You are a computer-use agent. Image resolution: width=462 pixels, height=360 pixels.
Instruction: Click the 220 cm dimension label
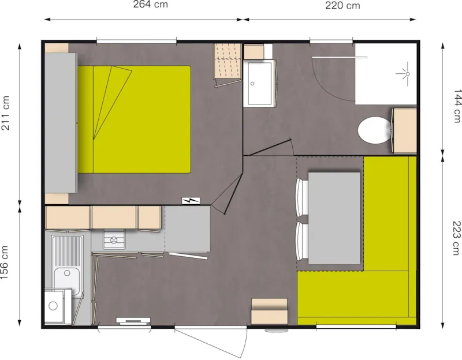tap(343, 6)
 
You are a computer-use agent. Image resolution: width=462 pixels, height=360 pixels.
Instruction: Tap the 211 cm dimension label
tap(6, 121)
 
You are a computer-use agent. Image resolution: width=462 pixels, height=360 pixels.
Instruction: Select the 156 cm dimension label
tap(6, 263)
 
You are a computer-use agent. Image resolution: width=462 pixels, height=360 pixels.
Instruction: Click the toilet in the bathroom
tap(372, 130)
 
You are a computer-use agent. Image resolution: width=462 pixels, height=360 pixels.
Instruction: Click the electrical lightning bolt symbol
tap(190, 201)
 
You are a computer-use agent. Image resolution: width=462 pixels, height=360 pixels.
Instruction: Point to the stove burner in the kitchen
tap(114, 239)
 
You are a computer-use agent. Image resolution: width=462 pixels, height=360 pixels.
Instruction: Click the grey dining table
tap(334, 217)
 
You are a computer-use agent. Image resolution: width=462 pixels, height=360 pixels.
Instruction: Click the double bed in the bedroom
tap(141, 119)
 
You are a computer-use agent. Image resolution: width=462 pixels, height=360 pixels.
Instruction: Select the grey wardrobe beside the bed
tap(60, 122)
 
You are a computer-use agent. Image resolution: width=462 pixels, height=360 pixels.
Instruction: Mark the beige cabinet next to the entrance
tap(269, 312)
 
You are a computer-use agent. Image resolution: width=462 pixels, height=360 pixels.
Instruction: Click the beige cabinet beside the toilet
tap(405, 131)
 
